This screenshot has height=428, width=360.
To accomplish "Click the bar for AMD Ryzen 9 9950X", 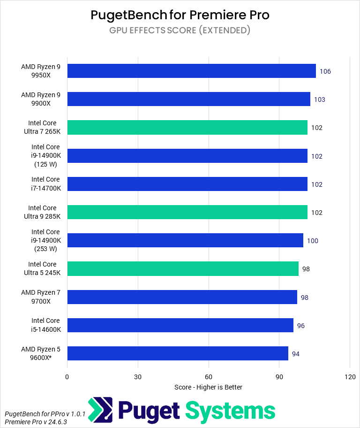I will pyautogui.click(x=191, y=71).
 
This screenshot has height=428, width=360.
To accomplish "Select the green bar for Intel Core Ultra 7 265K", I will pyautogui.click(x=187, y=127).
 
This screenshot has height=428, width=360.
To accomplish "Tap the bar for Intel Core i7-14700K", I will pyautogui.click(x=187, y=184).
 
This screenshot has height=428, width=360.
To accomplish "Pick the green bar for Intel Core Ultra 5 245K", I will pyautogui.click(x=183, y=269).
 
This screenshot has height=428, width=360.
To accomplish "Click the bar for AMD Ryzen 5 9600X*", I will pyautogui.click(x=178, y=353).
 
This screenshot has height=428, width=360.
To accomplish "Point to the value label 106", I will pyautogui.click(x=325, y=71).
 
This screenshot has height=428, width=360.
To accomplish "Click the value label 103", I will pyautogui.click(x=320, y=99).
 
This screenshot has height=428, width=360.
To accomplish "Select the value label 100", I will pyautogui.click(x=313, y=241).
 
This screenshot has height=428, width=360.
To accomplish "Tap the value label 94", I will pyautogui.click(x=296, y=354).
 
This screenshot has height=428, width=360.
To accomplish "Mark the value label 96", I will pyautogui.click(x=301, y=326).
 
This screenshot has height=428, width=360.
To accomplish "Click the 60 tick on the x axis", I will pyautogui.click(x=209, y=377).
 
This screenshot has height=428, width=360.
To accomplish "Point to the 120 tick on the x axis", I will pyautogui.click(x=350, y=377).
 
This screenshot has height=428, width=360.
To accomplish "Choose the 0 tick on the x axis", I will pyautogui.click(x=67, y=377).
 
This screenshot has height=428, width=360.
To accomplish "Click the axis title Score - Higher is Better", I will pyautogui.click(x=208, y=387).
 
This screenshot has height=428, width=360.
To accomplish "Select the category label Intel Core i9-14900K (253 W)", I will pyautogui.click(x=45, y=240).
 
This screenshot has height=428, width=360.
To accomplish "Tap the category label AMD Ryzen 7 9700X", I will pyautogui.click(x=44, y=297).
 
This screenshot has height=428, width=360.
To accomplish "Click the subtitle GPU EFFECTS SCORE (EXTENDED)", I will pyautogui.click(x=180, y=31).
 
